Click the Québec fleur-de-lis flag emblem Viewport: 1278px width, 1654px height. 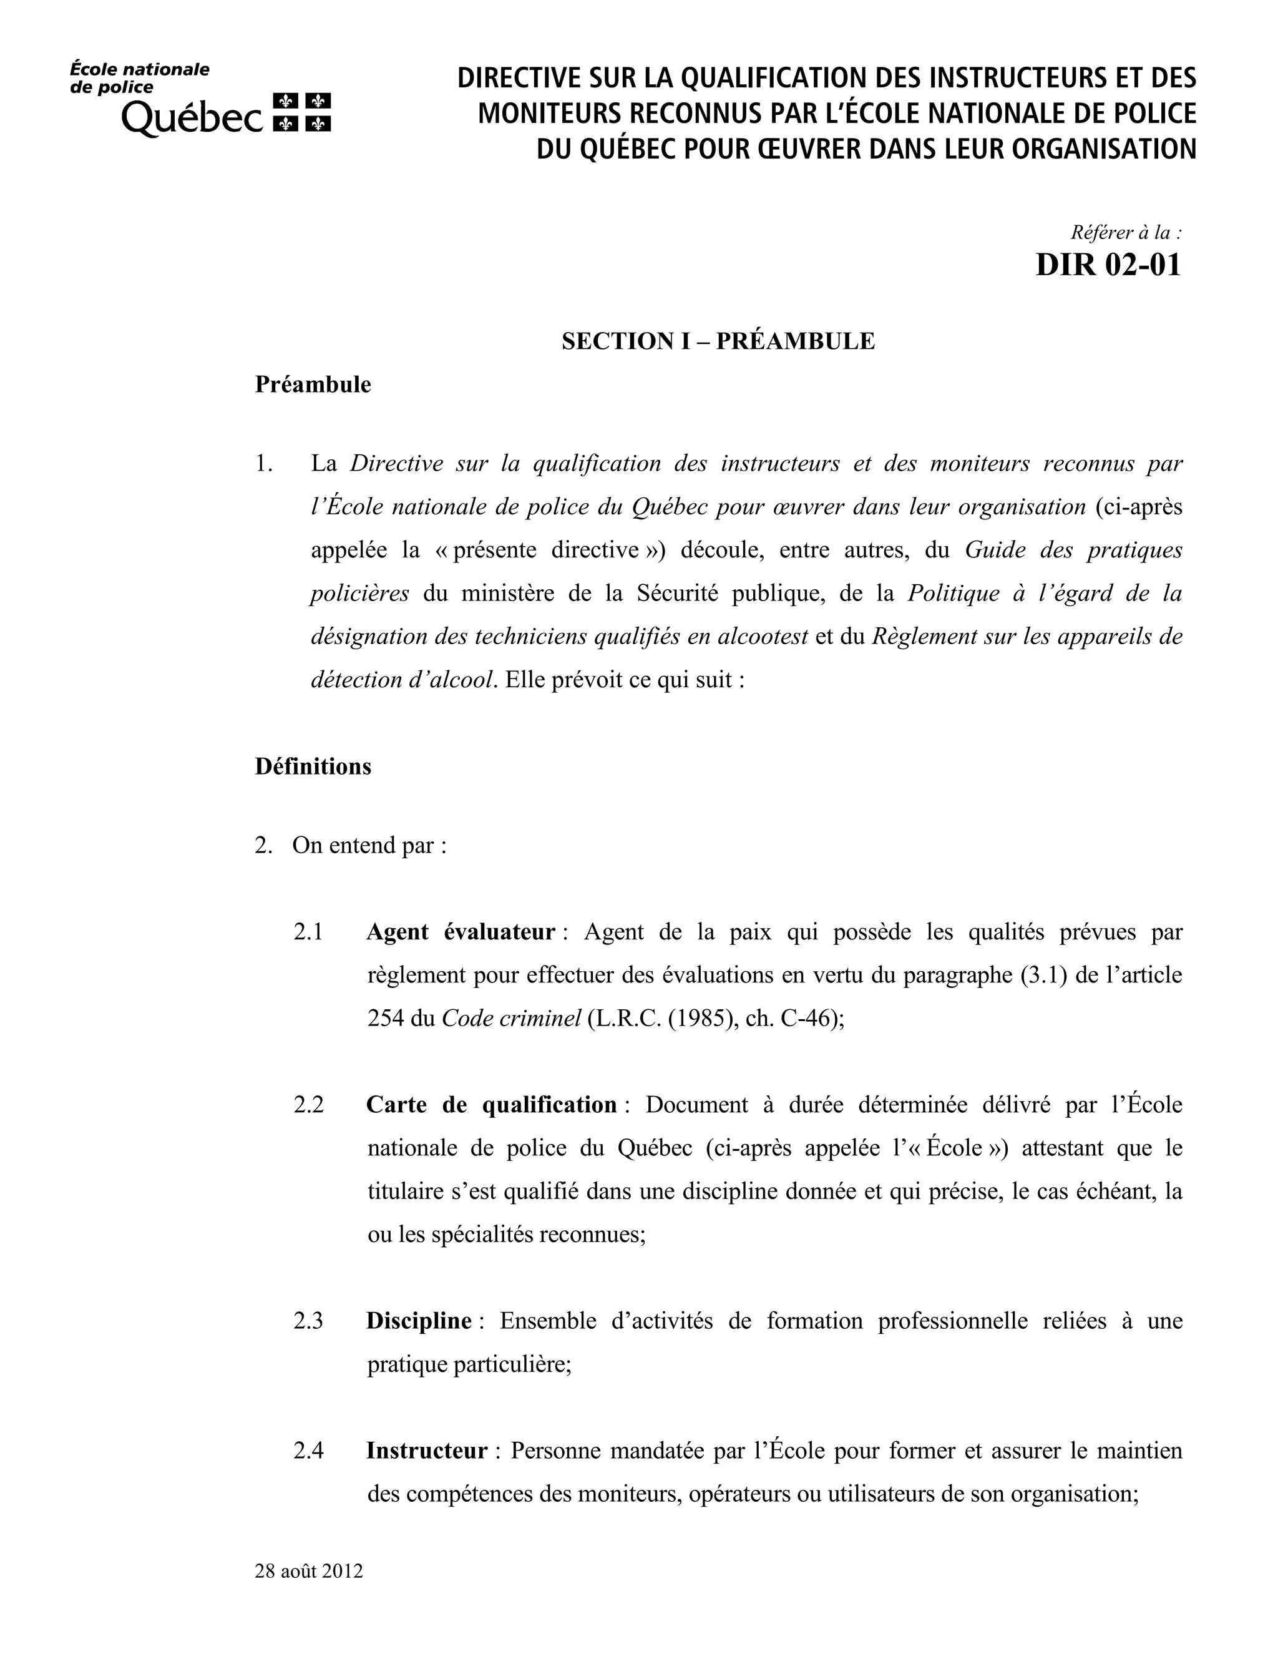pyautogui.click(x=301, y=112)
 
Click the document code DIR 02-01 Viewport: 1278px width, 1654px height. pyautogui.click(x=1108, y=265)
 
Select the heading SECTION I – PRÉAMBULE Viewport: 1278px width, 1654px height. pyautogui.click(x=718, y=341)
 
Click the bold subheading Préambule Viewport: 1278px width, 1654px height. pyautogui.click(x=313, y=384)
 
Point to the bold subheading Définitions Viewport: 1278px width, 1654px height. pyautogui.click(x=313, y=766)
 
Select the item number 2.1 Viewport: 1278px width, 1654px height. pyautogui.click(x=308, y=931)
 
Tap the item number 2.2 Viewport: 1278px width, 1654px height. pyautogui.click(x=308, y=1105)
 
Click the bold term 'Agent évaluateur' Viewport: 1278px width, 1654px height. pyautogui.click(x=461, y=931)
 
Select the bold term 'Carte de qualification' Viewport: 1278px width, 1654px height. pyautogui.click(x=491, y=1105)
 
